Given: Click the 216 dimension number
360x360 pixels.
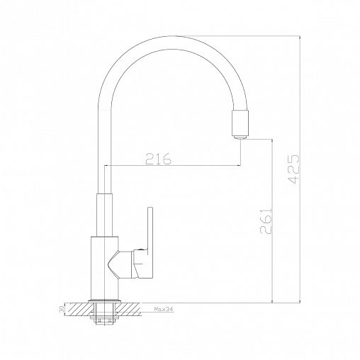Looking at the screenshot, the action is pos(158,159).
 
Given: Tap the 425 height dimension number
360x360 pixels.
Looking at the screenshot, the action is pos(294,169).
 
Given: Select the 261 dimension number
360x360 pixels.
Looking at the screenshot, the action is pos(266,221).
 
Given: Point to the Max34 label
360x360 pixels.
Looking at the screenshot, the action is pos(164,309).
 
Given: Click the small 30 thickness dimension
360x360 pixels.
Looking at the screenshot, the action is pos(62,309).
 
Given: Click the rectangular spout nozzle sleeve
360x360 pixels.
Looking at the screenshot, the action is pos(240,123).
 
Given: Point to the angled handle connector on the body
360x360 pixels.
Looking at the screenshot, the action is pos(120,265).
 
